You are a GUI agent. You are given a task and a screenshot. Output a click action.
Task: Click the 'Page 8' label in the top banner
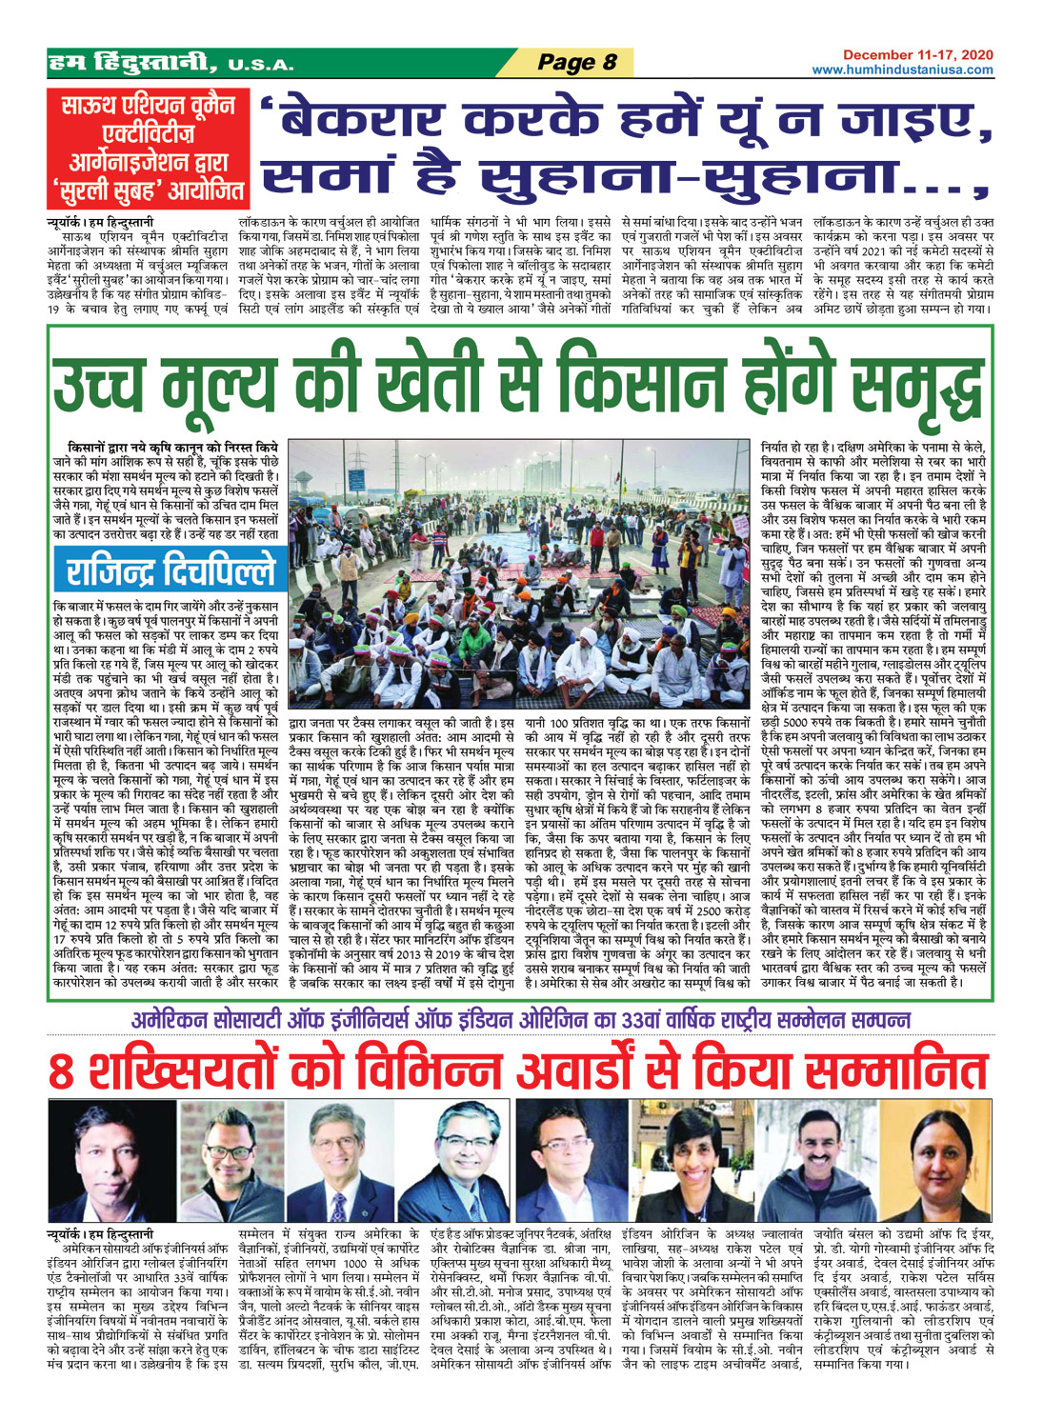coord(577,63)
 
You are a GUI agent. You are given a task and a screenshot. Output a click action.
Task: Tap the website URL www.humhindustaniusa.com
coord(902,70)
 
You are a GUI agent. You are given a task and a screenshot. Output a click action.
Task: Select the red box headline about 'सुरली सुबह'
coord(150,149)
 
